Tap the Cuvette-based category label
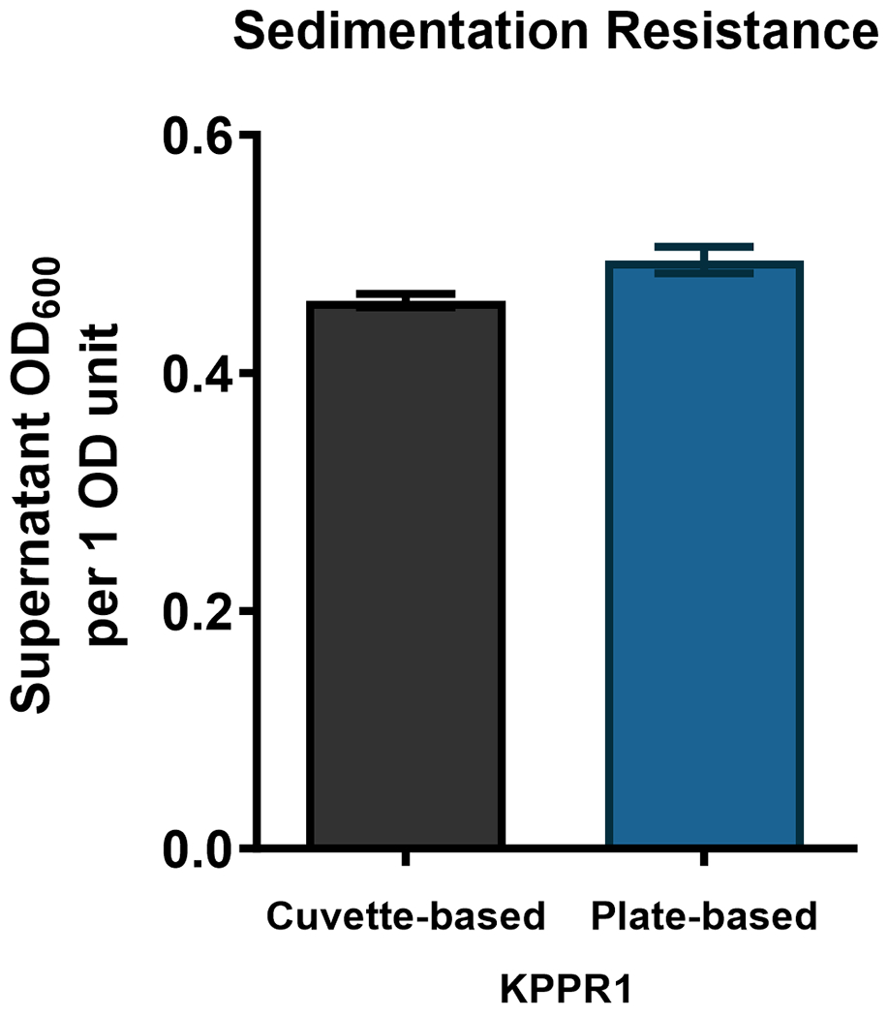pos(406,914)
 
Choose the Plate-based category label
pos(704,914)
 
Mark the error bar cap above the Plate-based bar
pos(704,247)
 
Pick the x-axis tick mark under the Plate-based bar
pos(704,858)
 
